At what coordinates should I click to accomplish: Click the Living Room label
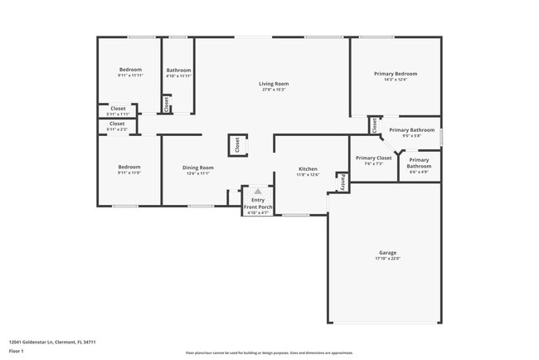pos(273,84)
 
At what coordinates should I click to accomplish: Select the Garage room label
pos(386,252)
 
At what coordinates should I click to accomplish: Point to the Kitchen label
pos(308,169)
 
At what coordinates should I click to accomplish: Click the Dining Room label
pos(197,168)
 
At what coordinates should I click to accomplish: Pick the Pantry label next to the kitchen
pos(341,180)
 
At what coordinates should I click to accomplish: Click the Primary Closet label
pos(373,158)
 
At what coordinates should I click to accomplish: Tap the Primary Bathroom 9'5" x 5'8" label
pos(412,130)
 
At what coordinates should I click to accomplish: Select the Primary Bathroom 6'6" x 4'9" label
pos(419,163)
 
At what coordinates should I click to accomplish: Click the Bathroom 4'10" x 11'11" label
pos(178,71)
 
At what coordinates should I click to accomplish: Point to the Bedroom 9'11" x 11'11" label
pos(130,70)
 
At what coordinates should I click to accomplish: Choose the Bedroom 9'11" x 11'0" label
pos(129,167)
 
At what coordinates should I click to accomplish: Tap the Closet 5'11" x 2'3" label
pos(117,124)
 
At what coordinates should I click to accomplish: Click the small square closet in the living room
pos(236,145)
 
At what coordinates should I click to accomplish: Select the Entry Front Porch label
pos(258,204)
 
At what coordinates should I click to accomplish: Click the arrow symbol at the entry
pos(258,191)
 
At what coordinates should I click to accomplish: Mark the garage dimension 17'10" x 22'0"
pos(386,259)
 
